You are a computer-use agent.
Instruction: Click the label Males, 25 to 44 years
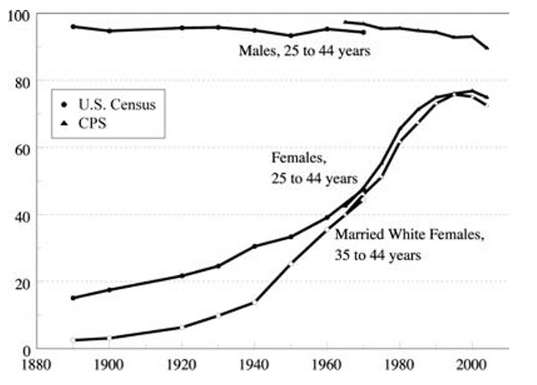(x=304, y=52)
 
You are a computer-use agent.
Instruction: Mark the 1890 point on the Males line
(x=73, y=27)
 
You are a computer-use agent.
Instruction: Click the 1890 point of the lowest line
(x=73, y=340)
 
